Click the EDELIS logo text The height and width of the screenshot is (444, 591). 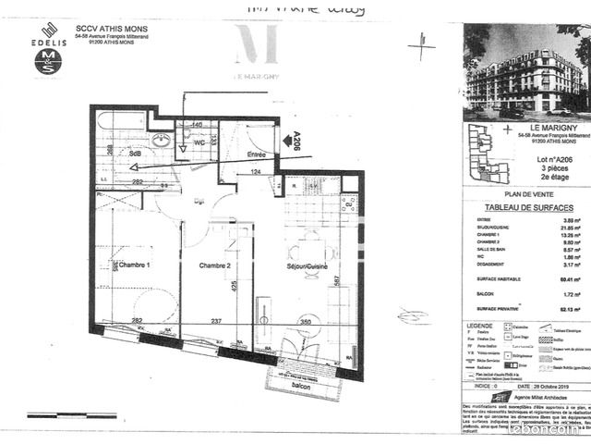48,43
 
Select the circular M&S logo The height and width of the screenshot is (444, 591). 48,61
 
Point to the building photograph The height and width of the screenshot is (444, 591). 527,70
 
